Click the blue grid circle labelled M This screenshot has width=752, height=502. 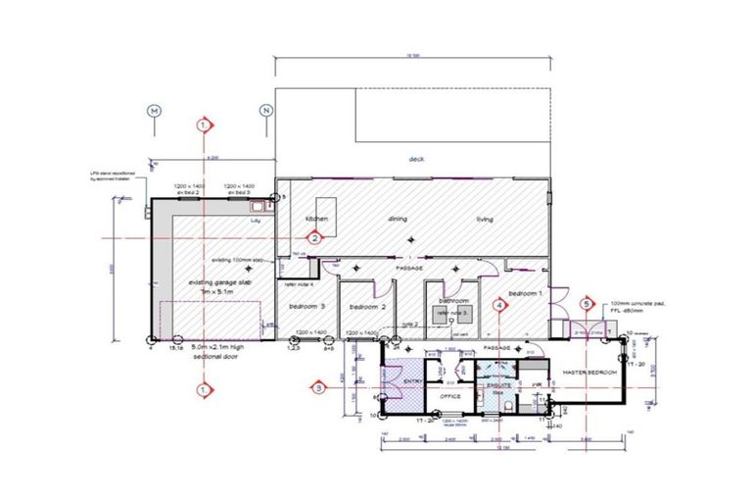pyautogui.click(x=154, y=111)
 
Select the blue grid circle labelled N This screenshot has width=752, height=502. pyautogui.click(x=265, y=111)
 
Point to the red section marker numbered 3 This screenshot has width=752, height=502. pyautogui.click(x=319, y=387)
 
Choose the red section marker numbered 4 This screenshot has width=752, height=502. pyautogui.click(x=499, y=305)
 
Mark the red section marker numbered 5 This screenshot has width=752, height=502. pyautogui.click(x=587, y=305)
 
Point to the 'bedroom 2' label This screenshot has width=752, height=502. pyautogui.click(x=363, y=307)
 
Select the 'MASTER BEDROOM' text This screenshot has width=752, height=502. pyautogui.click(x=589, y=372)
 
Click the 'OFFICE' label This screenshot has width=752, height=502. pyautogui.click(x=451, y=396)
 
